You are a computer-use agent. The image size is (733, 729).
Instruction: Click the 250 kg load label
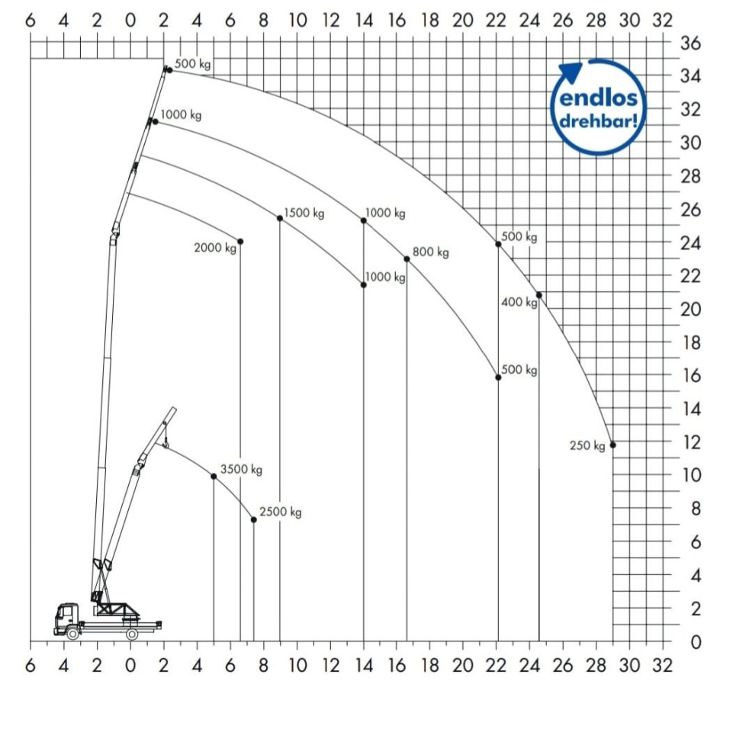(587, 446)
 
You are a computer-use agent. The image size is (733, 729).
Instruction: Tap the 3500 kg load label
(241, 469)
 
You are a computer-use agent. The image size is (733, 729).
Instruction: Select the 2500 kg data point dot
(254, 519)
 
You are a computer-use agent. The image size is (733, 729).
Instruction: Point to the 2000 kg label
(215, 248)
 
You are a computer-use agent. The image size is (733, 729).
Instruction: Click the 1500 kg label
(304, 213)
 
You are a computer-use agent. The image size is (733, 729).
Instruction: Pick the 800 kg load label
(430, 252)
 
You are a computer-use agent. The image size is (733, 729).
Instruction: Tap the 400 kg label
(519, 302)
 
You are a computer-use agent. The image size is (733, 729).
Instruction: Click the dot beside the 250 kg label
(612, 445)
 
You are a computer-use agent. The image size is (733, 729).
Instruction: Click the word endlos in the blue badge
(598, 98)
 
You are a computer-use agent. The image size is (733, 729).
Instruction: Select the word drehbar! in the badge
(599, 121)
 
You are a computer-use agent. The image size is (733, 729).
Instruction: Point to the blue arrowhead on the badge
(571, 72)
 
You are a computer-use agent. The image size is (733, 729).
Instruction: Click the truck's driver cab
(66, 616)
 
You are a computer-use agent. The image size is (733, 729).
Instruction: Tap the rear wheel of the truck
(132, 634)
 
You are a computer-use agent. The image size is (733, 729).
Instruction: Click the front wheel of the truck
(72, 634)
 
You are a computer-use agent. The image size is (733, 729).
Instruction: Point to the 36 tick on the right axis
(690, 43)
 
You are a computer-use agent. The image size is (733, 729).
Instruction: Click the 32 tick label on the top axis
(662, 21)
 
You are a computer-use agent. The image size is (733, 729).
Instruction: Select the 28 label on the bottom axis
(596, 665)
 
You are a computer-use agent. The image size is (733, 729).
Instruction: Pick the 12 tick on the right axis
(691, 442)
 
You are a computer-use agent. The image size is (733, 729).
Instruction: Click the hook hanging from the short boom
(165, 444)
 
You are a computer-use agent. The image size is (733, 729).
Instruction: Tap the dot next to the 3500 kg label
(214, 476)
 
